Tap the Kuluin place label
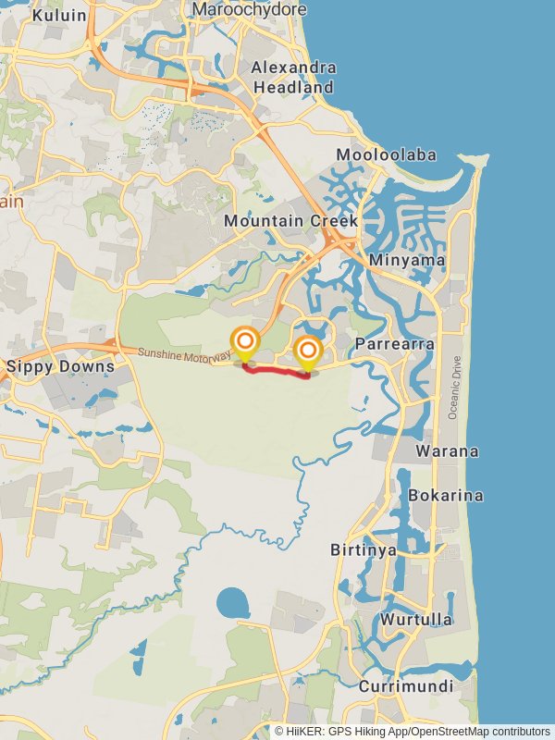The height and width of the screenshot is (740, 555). (x=59, y=16)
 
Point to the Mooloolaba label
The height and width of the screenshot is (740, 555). (x=387, y=154)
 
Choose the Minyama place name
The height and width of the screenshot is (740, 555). (x=406, y=260)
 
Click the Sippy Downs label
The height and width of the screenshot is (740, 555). (x=60, y=366)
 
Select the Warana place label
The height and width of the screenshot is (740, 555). (x=447, y=451)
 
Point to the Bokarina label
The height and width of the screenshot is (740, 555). (x=446, y=495)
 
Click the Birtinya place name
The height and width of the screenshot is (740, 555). (x=364, y=550)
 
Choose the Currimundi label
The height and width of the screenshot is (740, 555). (x=406, y=686)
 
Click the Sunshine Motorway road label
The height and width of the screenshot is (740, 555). (x=184, y=353)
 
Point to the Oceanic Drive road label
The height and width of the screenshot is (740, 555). (x=453, y=388)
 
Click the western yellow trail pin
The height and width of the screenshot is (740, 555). (x=245, y=344)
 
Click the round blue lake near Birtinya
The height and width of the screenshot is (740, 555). (x=233, y=605)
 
